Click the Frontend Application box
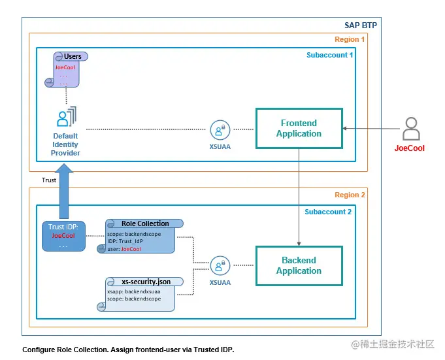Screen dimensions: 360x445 point(299,128)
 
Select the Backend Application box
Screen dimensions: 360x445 point(299,265)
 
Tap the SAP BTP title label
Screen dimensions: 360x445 point(361,25)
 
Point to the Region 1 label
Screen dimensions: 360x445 point(350,40)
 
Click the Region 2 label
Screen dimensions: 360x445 point(350,195)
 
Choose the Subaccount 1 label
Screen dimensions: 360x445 point(330,55)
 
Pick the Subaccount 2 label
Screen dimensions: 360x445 point(328,212)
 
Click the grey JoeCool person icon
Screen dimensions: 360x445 point(410,129)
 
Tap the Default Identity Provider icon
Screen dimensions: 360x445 point(66,118)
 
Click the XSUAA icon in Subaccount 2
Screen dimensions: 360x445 point(219,265)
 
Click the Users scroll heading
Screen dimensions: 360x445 point(73,57)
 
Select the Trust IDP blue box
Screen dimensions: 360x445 point(63,236)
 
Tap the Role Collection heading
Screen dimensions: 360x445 point(145,223)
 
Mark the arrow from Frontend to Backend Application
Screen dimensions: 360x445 point(299,196)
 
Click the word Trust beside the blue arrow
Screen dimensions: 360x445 point(50,179)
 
